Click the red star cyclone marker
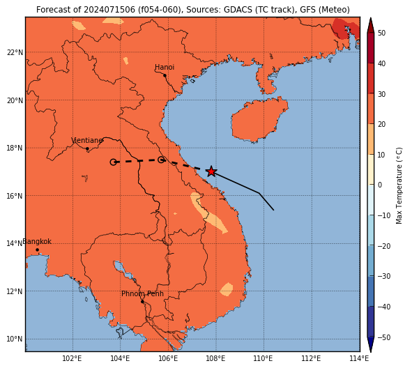coord(211,171)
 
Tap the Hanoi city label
coord(165,67)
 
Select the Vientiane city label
coord(86,140)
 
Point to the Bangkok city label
coord(37,241)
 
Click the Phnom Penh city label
coord(142,293)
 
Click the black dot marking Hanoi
coord(165,75)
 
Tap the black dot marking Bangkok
coord(38,250)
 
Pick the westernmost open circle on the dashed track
coord(113,162)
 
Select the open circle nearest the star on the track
coord(161,160)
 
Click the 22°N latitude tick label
coord(15,52)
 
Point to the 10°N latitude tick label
coord(15,339)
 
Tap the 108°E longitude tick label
coord(216,358)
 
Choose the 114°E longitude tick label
coord(359,358)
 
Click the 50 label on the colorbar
coord(381,33)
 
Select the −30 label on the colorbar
coord(383,276)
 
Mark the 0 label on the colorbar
coord(380,185)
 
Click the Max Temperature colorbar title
coord(399,185)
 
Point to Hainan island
coord(259,120)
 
